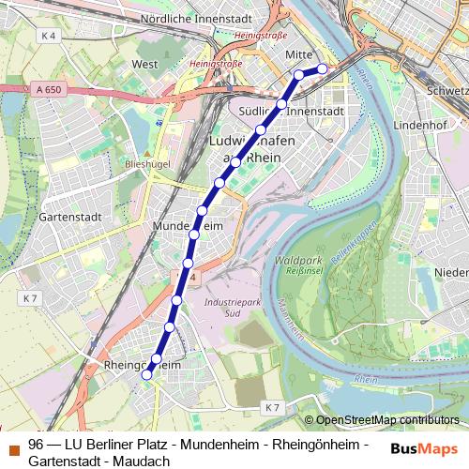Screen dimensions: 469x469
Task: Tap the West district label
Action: point(145,65)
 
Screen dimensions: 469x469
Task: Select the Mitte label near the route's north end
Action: point(298,55)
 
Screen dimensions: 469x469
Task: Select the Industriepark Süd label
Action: point(230,308)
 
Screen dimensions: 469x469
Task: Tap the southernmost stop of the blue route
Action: point(146,374)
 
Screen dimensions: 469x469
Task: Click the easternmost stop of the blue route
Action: point(322,68)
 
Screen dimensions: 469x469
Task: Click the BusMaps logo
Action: point(423,449)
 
